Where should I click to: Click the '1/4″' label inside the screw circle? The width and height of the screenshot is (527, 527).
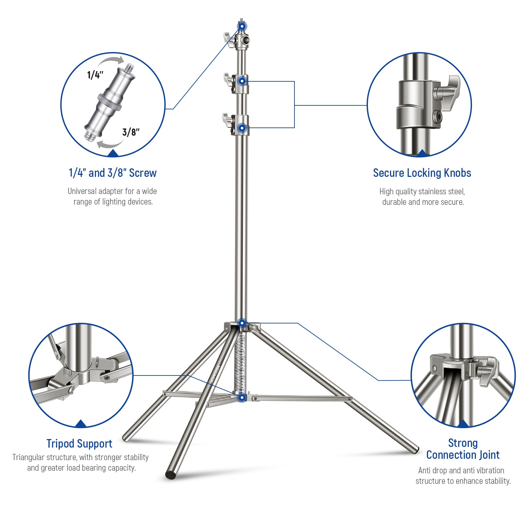click(95, 75)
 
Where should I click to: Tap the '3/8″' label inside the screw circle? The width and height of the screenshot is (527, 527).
click(131, 132)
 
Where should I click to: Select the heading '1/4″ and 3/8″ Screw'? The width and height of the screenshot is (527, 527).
click(113, 173)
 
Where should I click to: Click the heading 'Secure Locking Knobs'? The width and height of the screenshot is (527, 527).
click(422, 173)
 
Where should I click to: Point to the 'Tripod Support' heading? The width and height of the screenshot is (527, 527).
click(79, 444)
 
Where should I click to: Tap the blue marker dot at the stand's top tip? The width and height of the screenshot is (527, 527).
click(242, 26)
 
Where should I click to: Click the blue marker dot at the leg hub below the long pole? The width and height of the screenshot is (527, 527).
click(242, 323)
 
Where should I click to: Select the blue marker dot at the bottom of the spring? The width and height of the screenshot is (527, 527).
click(242, 398)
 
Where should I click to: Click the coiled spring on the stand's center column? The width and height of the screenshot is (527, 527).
click(240, 362)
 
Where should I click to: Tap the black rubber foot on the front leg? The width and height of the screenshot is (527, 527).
click(171, 475)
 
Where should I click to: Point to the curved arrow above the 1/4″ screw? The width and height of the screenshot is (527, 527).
click(112, 62)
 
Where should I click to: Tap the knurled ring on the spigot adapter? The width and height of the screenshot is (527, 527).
click(110, 102)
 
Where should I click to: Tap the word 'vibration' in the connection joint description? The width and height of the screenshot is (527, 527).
click(490, 471)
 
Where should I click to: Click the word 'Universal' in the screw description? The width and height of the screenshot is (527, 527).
click(82, 191)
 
